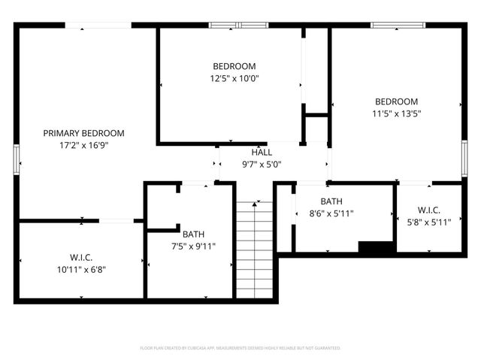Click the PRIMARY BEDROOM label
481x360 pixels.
tap(83, 133)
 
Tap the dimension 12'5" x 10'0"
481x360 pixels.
tap(234, 78)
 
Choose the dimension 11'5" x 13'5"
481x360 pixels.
tap(396, 114)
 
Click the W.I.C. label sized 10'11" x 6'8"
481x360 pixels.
tap(81, 256)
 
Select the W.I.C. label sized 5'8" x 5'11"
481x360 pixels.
tap(428, 210)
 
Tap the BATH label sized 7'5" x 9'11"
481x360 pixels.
tap(193, 233)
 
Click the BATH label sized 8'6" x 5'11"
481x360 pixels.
tap(331, 201)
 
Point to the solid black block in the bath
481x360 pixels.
tap(377, 247)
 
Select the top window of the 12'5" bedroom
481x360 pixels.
tap(237, 26)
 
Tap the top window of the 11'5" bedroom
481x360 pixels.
tap(396, 26)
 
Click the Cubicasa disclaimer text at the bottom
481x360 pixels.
tap(240, 348)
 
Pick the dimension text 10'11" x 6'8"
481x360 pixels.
tap(81, 268)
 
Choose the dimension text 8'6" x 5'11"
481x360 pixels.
tap(331, 213)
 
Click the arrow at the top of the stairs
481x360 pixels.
tap(256, 203)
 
